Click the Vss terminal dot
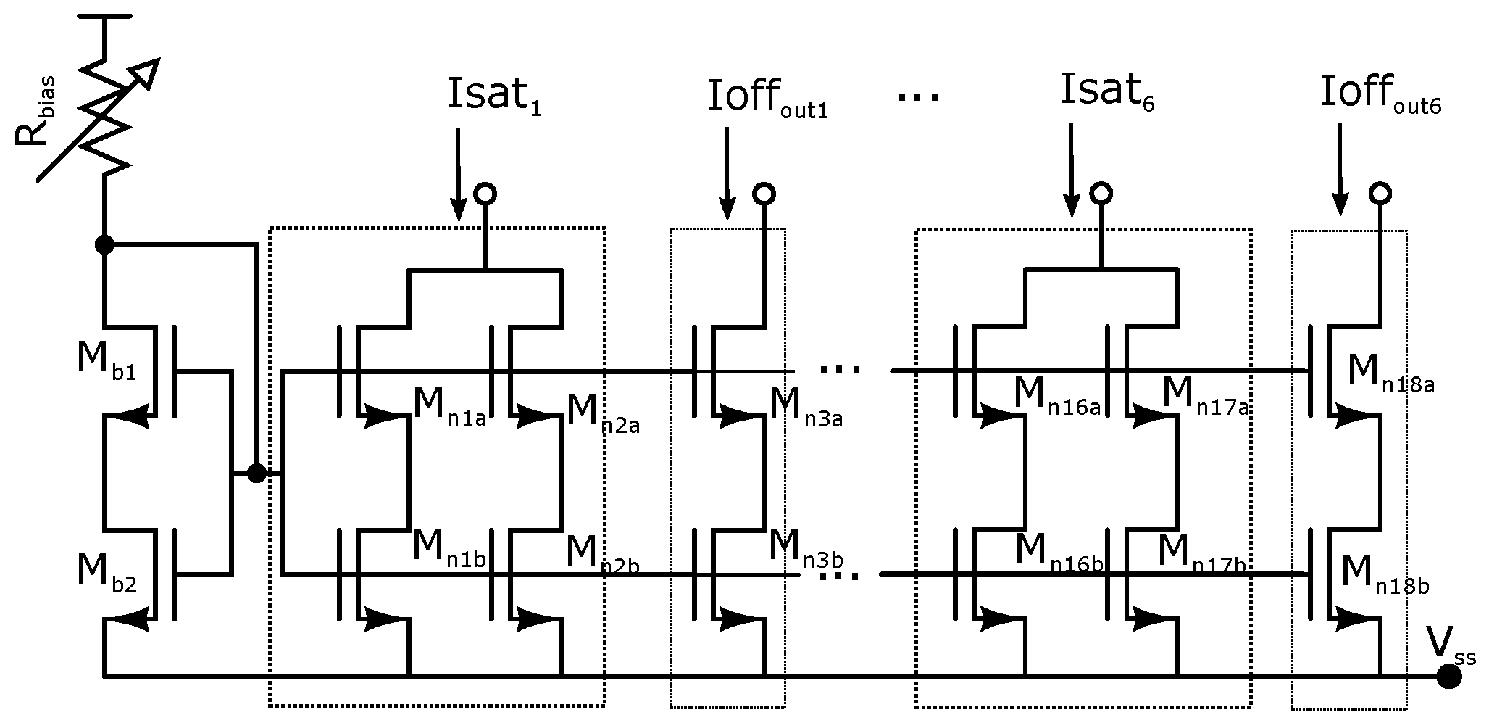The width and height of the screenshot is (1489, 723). (1448, 677)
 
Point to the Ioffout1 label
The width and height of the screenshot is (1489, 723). (767, 100)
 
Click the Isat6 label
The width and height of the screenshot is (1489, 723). (1106, 93)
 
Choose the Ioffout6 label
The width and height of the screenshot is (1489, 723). (1379, 97)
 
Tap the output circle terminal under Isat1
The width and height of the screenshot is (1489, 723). (485, 193)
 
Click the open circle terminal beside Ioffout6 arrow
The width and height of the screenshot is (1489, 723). (1380, 193)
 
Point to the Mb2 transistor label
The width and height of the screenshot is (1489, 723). (106, 573)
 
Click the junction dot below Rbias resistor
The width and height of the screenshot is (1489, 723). (105, 245)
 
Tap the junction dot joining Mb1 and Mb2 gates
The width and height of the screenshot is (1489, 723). (256, 474)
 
